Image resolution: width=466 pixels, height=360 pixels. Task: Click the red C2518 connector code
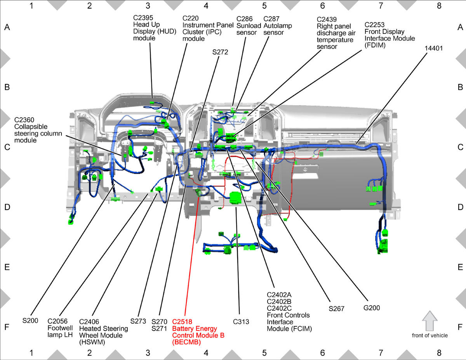182,322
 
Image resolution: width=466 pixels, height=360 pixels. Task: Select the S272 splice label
220,52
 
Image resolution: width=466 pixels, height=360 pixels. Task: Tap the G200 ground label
372,308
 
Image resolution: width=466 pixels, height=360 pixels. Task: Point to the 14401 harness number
434,48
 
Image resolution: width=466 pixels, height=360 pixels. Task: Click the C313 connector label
241,322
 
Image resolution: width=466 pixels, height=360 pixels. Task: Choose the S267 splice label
336,309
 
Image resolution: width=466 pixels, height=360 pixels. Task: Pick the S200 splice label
30,320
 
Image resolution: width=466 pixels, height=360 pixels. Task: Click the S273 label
138,321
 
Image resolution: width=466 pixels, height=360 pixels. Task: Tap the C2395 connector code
143,17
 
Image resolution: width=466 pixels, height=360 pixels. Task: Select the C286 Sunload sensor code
245,19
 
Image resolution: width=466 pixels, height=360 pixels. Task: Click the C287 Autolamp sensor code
271,19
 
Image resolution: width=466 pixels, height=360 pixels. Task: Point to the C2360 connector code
24,120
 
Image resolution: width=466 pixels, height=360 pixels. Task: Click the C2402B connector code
279,301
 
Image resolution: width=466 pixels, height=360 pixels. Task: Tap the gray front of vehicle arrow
429,321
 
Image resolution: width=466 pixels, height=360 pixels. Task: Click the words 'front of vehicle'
430,336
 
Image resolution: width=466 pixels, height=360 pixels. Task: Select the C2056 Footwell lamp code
57,321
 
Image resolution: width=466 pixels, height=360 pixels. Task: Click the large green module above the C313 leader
235,198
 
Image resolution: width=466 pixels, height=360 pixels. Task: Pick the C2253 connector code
374,24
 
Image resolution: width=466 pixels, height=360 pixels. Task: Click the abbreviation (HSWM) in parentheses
92,342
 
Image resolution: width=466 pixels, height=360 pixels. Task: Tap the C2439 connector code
327,19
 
